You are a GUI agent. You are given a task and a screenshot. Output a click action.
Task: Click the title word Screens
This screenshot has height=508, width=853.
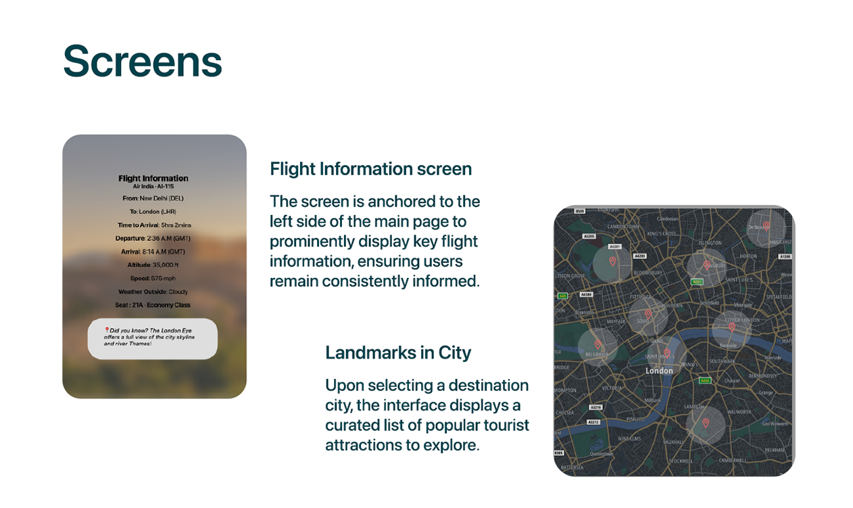[143, 62]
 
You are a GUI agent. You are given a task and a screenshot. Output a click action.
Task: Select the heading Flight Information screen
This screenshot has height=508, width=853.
[370, 168]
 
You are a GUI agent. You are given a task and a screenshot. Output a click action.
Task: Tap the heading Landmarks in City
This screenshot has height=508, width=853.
[398, 352]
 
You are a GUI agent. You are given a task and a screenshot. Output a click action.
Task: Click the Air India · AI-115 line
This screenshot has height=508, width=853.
[153, 186]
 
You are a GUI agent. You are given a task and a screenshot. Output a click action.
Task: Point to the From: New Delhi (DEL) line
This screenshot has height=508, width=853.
[153, 198]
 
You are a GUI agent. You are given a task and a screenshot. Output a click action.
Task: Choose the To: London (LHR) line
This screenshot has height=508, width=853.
[153, 212]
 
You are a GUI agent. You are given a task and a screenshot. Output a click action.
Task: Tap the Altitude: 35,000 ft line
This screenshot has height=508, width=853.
[153, 264]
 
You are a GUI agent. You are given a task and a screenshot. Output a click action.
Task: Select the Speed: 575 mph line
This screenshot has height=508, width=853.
[153, 278]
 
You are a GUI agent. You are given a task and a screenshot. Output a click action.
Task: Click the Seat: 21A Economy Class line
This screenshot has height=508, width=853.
[153, 305]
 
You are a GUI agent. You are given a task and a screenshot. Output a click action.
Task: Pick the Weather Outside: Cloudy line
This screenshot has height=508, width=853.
[153, 292]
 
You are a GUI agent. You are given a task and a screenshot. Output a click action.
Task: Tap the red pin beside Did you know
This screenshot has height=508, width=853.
[107, 330]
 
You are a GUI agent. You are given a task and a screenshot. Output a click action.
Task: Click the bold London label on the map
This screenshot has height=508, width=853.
[659, 371]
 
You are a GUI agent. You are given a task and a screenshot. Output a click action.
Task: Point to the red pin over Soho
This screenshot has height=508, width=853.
[648, 314]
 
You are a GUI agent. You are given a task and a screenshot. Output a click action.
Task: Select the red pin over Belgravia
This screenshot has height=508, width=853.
[598, 345]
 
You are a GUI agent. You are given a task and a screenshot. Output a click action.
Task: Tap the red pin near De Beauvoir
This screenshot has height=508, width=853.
[766, 225]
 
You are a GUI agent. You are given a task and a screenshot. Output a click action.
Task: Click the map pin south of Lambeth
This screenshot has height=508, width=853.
[705, 423]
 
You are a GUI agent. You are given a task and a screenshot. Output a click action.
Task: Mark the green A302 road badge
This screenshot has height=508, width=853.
[704, 381]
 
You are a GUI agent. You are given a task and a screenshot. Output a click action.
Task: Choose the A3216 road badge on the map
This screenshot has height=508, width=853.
[595, 408]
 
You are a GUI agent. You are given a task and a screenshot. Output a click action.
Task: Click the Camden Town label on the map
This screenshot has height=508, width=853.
[623, 227]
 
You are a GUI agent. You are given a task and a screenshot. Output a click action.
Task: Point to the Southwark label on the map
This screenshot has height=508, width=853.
[722, 361]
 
